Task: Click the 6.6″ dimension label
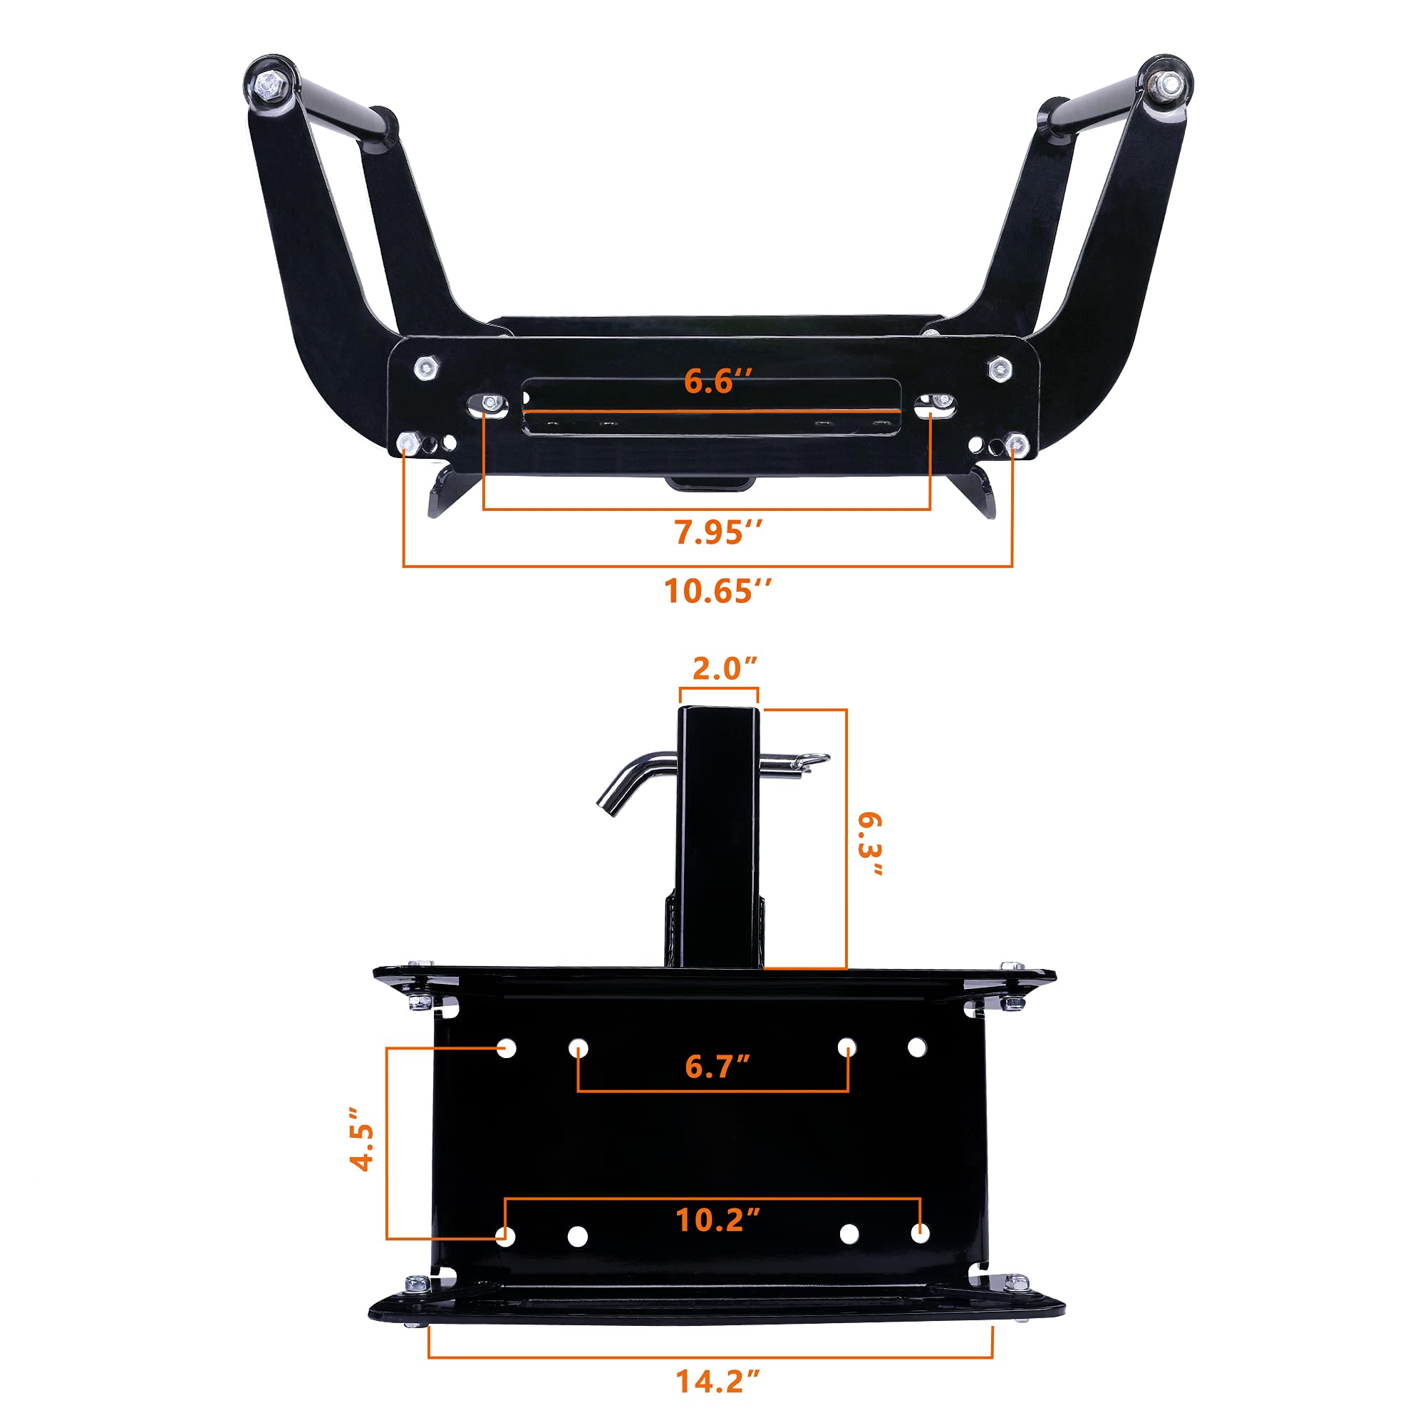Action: pos(717,381)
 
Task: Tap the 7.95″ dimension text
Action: pos(717,532)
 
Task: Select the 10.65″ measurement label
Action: pos(717,591)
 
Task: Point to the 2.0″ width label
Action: pos(725,669)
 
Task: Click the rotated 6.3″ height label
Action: pos(871,844)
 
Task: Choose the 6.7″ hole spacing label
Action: pos(717,1067)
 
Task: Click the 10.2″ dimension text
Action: pos(717,1221)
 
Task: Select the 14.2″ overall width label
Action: pos(717,1382)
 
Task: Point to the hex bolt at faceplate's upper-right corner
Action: pos(999,368)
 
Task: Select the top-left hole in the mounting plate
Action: pos(507,1048)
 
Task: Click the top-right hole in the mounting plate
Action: pos(917,1047)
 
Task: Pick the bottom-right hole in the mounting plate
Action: pos(920,1233)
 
